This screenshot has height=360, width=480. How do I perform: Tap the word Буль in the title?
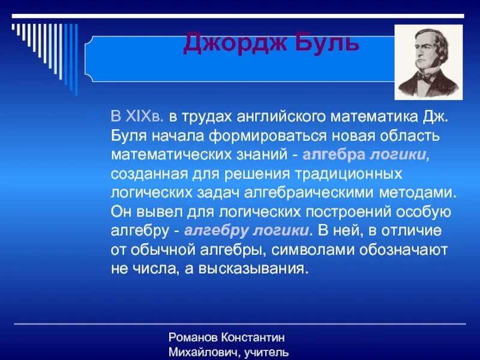(323, 43)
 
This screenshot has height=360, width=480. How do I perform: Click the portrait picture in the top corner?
(428, 62)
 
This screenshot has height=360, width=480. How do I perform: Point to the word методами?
(423, 193)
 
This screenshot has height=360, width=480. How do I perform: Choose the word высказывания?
(258, 269)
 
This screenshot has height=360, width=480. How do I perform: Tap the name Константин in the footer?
(254, 338)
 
